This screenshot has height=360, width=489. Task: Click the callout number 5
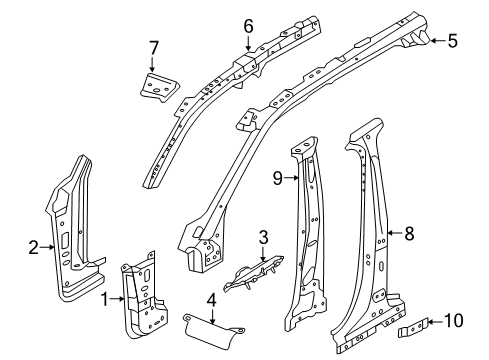click(452, 41)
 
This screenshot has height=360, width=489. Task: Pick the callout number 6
click(248, 25)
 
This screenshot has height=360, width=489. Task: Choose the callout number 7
click(154, 47)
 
